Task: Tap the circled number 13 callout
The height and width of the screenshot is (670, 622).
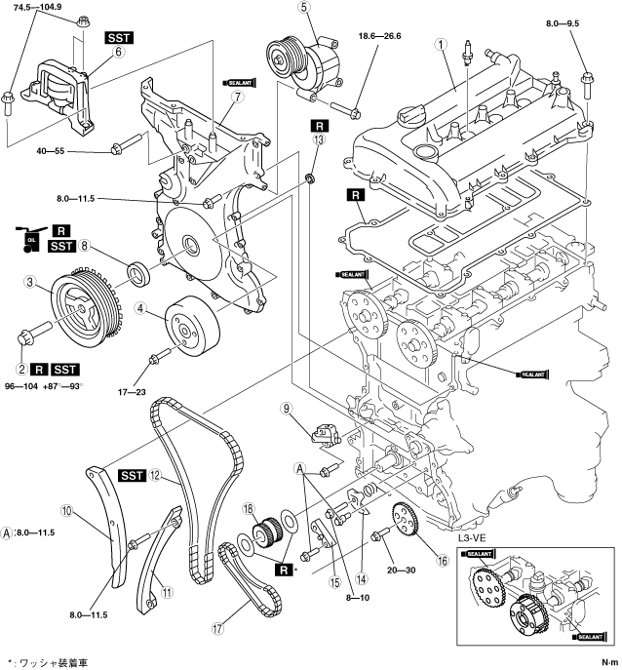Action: coord(317,141)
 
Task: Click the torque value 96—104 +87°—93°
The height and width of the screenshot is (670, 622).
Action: coord(54,388)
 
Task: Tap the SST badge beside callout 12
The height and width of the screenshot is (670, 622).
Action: coord(132,475)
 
